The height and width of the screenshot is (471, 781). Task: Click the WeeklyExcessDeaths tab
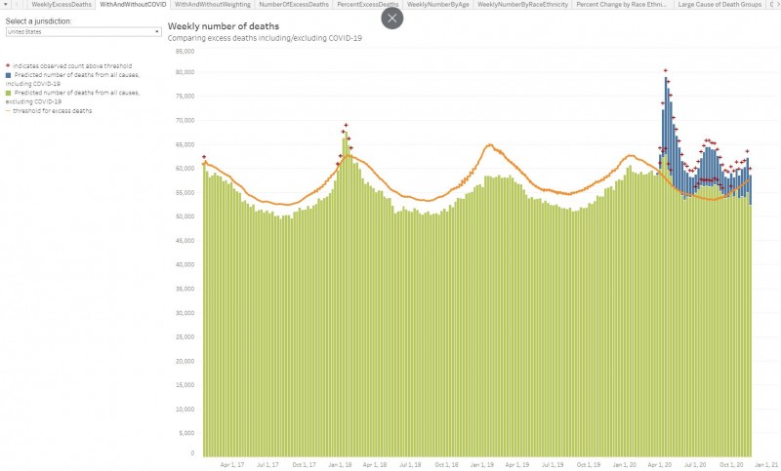point(62,5)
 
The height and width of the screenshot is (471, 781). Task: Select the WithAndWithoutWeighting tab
point(212,5)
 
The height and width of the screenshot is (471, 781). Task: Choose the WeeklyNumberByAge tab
point(438,5)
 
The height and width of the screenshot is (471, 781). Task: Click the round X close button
point(392,18)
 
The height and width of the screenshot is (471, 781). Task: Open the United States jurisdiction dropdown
point(83,32)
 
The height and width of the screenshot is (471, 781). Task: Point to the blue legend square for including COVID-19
point(8,75)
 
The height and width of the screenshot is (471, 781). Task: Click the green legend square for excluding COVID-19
point(8,93)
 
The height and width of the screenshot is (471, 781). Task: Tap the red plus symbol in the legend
point(8,65)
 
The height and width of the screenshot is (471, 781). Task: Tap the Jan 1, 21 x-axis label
point(767,464)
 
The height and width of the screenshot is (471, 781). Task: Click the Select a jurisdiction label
point(39,20)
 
